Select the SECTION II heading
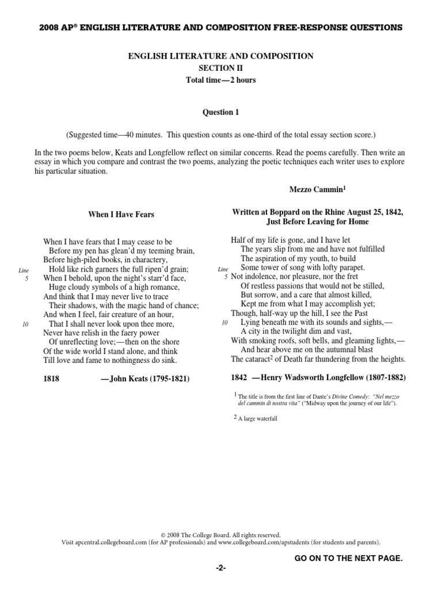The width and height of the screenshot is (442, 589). click(x=221, y=68)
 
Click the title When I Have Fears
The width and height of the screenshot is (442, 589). click(x=121, y=215)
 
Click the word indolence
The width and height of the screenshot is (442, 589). click(x=259, y=277)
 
